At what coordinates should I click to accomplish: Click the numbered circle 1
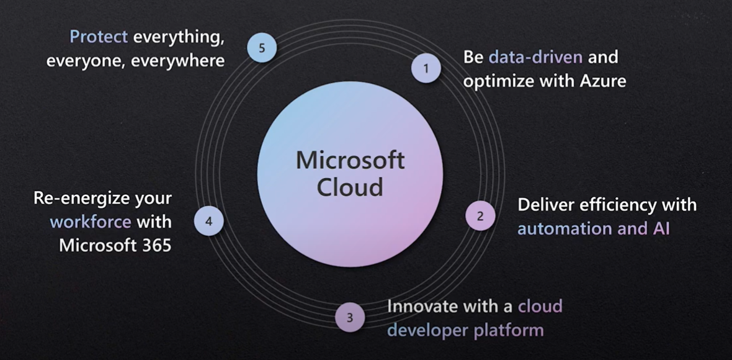pos(426,68)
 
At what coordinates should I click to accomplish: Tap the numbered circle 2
pos(480,216)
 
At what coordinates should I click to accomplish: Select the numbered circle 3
pos(350,318)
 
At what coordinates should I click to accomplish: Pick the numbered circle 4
pos(208,222)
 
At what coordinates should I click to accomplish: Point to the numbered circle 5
pos(262,48)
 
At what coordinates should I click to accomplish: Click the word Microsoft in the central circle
pos(350,161)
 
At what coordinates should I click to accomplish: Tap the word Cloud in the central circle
pos(350,187)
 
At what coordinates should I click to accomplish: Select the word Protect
pos(99,37)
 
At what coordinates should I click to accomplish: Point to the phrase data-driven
pos(535,57)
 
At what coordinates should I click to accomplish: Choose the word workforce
pos(91,222)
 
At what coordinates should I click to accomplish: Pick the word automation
pos(564,228)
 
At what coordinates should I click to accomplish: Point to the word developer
pos(427,330)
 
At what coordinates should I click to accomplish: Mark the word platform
pos(508,330)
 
